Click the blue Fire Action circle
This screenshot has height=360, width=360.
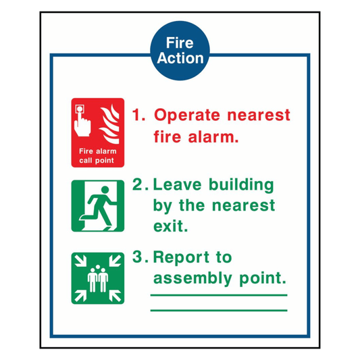pyautogui.click(x=180, y=50)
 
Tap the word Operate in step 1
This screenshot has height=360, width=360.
pyautogui.click(x=187, y=115)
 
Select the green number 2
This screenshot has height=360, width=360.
pyautogui.click(x=138, y=184)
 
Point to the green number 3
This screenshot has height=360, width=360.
pyautogui.click(x=138, y=257)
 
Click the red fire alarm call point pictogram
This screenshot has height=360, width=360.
pyautogui.click(x=98, y=132)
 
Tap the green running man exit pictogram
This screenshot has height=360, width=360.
pyautogui.click(x=98, y=205)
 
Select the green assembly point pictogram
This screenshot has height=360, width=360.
pyautogui.click(x=98, y=278)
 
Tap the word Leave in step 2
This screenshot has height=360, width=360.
pyautogui.click(x=177, y=184)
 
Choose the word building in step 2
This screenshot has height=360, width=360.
pyautogui.click(x=240, y=185)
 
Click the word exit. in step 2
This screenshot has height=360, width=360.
pyautogui.click(x=171, y=226)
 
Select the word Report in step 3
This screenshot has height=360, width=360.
pyautogui.click(x=182, y=258)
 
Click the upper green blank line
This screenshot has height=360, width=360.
pyautogui.click(x=219, y=295)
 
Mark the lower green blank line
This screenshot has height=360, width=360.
pyautogui.click(x=219, y=310)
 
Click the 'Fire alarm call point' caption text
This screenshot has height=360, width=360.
pyautogui.click(x=98, y=156)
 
